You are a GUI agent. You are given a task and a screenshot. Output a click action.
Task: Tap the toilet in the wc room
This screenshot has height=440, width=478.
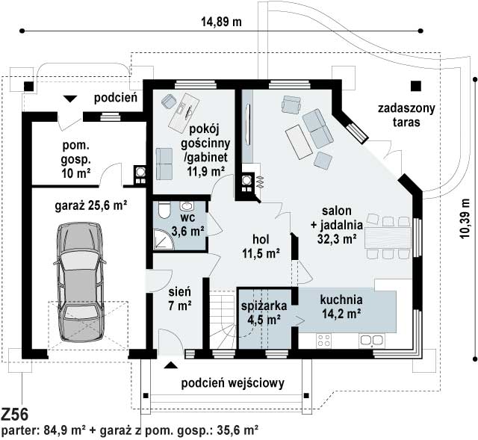point(164,210)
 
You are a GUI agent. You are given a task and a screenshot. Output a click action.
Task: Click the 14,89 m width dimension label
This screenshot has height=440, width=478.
point(221,22)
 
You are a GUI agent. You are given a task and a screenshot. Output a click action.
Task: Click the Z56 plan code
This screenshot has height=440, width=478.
point(15,415)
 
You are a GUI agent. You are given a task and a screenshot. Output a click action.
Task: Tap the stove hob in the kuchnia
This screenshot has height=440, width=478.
point(323,341)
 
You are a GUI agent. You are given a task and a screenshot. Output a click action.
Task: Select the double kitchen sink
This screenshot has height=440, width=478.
point(372,341)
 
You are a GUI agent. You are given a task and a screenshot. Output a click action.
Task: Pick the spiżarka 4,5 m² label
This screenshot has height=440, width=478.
point(264,312)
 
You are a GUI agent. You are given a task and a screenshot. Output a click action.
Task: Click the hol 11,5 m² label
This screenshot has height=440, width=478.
point(261,246)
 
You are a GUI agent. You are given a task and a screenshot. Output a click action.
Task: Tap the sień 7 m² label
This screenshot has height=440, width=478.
point(180,299)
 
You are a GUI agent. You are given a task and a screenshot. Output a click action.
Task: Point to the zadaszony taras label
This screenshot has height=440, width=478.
point(406,115)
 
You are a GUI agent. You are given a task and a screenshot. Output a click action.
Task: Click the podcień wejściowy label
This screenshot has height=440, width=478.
point(232,383)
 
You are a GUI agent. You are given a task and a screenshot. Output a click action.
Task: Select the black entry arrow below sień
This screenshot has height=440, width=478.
point(171,365)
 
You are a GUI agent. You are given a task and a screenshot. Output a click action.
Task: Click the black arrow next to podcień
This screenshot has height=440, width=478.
point(70,99)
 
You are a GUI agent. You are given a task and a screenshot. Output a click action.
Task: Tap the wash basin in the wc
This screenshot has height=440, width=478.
point(187,206)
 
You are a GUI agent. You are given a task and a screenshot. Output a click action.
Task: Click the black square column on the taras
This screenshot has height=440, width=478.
point(415,87)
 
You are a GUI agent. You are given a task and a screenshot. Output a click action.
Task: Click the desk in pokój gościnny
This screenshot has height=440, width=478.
point(181,111)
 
